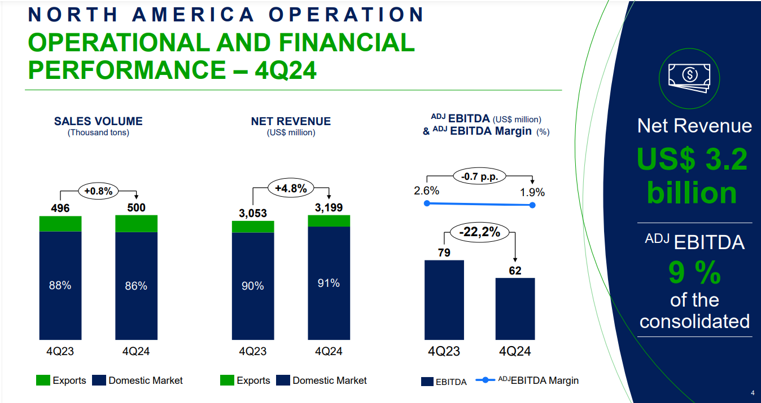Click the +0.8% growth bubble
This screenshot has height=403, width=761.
click(99, 191)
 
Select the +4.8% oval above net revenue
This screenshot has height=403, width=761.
click(291, 189)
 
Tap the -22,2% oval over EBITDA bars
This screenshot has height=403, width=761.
click(479, 232)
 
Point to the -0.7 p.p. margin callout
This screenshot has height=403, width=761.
click(479, 176)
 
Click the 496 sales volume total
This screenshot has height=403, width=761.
click(60, 209)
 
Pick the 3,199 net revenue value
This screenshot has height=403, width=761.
click(329, 207)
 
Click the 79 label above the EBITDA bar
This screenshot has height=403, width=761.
click(444, 253)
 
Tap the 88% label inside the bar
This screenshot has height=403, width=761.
click(60, 285)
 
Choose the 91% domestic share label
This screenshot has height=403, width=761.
click(329, 283)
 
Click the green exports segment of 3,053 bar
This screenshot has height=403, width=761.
click(253, 227)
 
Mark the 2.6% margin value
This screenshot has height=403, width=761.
click(426, 191)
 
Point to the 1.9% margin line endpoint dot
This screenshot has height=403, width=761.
click(533, 205)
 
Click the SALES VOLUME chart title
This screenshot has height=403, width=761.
click(98, 121)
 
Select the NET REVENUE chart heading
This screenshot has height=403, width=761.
click(291, 121)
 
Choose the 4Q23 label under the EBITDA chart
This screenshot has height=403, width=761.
click(444, 351)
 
